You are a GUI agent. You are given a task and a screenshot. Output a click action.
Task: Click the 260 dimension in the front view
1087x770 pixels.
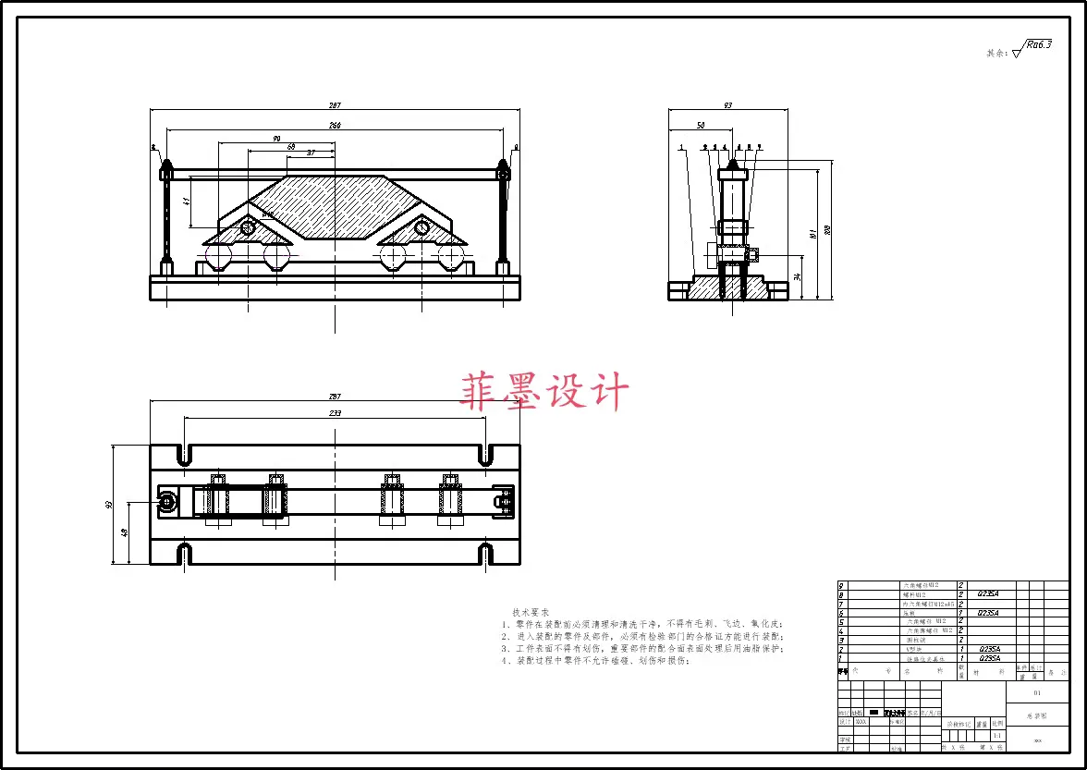[335, 125]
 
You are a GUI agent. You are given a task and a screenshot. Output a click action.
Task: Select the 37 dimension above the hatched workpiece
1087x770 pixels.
[311, 153]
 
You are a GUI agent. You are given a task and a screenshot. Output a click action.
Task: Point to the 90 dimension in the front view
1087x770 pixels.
[276, 139]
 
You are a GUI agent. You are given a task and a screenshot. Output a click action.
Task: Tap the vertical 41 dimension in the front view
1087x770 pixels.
[186, 201]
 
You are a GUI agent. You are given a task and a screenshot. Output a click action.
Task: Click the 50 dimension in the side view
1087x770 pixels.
[700, 125]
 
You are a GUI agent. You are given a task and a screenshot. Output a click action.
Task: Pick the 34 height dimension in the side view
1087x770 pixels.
[797, 276]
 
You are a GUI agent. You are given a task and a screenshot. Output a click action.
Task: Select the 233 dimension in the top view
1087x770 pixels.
[335, 413]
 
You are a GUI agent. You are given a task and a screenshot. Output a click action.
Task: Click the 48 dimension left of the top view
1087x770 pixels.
[123, 532]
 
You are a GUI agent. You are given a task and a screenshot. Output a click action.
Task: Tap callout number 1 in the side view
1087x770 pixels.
[681, 147]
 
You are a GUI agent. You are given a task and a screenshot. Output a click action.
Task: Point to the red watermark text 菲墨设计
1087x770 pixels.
[544, 391]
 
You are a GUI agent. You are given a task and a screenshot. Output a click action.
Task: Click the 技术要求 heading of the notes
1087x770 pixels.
[531, 612]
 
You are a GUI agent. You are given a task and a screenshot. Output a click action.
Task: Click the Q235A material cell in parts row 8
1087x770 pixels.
[988, 594]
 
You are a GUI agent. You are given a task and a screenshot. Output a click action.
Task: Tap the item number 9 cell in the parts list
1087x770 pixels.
[841, 586]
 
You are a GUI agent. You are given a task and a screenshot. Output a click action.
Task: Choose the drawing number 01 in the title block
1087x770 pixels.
[1036, 691]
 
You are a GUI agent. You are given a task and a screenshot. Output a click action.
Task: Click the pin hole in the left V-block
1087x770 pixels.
[248, 227]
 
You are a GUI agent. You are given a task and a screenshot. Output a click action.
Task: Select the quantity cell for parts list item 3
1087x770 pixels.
[961, 640]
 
